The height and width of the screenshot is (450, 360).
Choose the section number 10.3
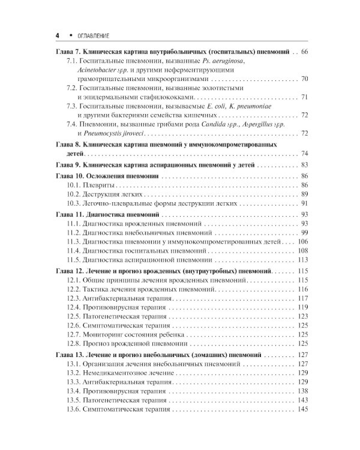tap(74, 204)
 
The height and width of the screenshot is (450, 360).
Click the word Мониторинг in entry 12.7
tap(107, 334)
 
